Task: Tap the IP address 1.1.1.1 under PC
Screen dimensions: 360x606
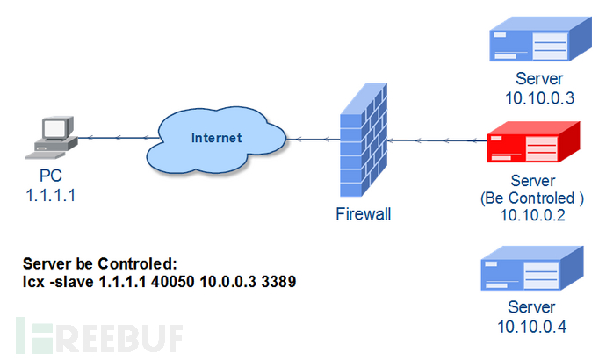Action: click(50, 196)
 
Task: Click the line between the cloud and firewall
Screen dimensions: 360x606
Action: click(299, 138)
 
